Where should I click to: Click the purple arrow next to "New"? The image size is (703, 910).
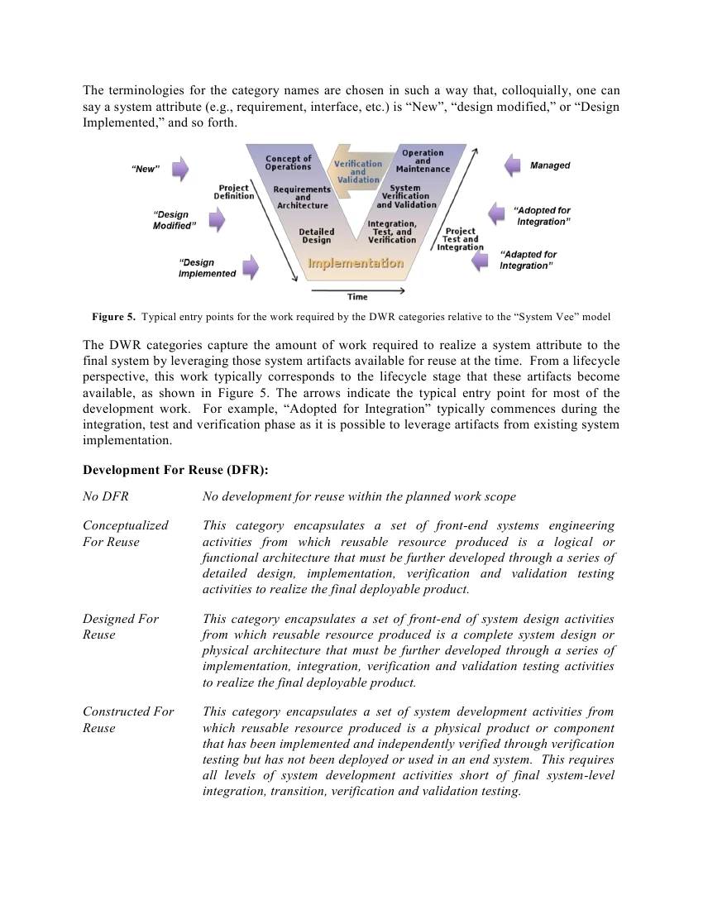pos(180,170)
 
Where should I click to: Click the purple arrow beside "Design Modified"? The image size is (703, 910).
pos(217,220)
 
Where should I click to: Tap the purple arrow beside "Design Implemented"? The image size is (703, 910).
pos(250,267)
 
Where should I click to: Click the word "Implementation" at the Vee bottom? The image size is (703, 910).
pos(356,263)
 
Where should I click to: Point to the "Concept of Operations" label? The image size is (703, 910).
pos(288,162)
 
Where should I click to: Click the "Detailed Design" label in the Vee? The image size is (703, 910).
pos(316,236)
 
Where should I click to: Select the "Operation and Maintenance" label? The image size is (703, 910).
pos(422,160)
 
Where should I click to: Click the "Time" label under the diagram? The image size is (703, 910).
pos(357,297)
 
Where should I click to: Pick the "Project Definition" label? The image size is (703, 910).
pos(234,192)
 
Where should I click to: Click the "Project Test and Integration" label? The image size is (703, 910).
pos(460,239)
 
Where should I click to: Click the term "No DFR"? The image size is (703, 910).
pos(105,496)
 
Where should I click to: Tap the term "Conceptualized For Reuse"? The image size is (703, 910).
pos(125,534)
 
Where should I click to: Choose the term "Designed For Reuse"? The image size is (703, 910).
pos(120,626)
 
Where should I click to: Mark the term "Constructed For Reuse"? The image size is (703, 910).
pos(128,720)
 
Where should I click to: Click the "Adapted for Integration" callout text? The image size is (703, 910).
pos(528,260)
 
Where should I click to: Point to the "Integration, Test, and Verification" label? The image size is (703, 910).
pos(392,232)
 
